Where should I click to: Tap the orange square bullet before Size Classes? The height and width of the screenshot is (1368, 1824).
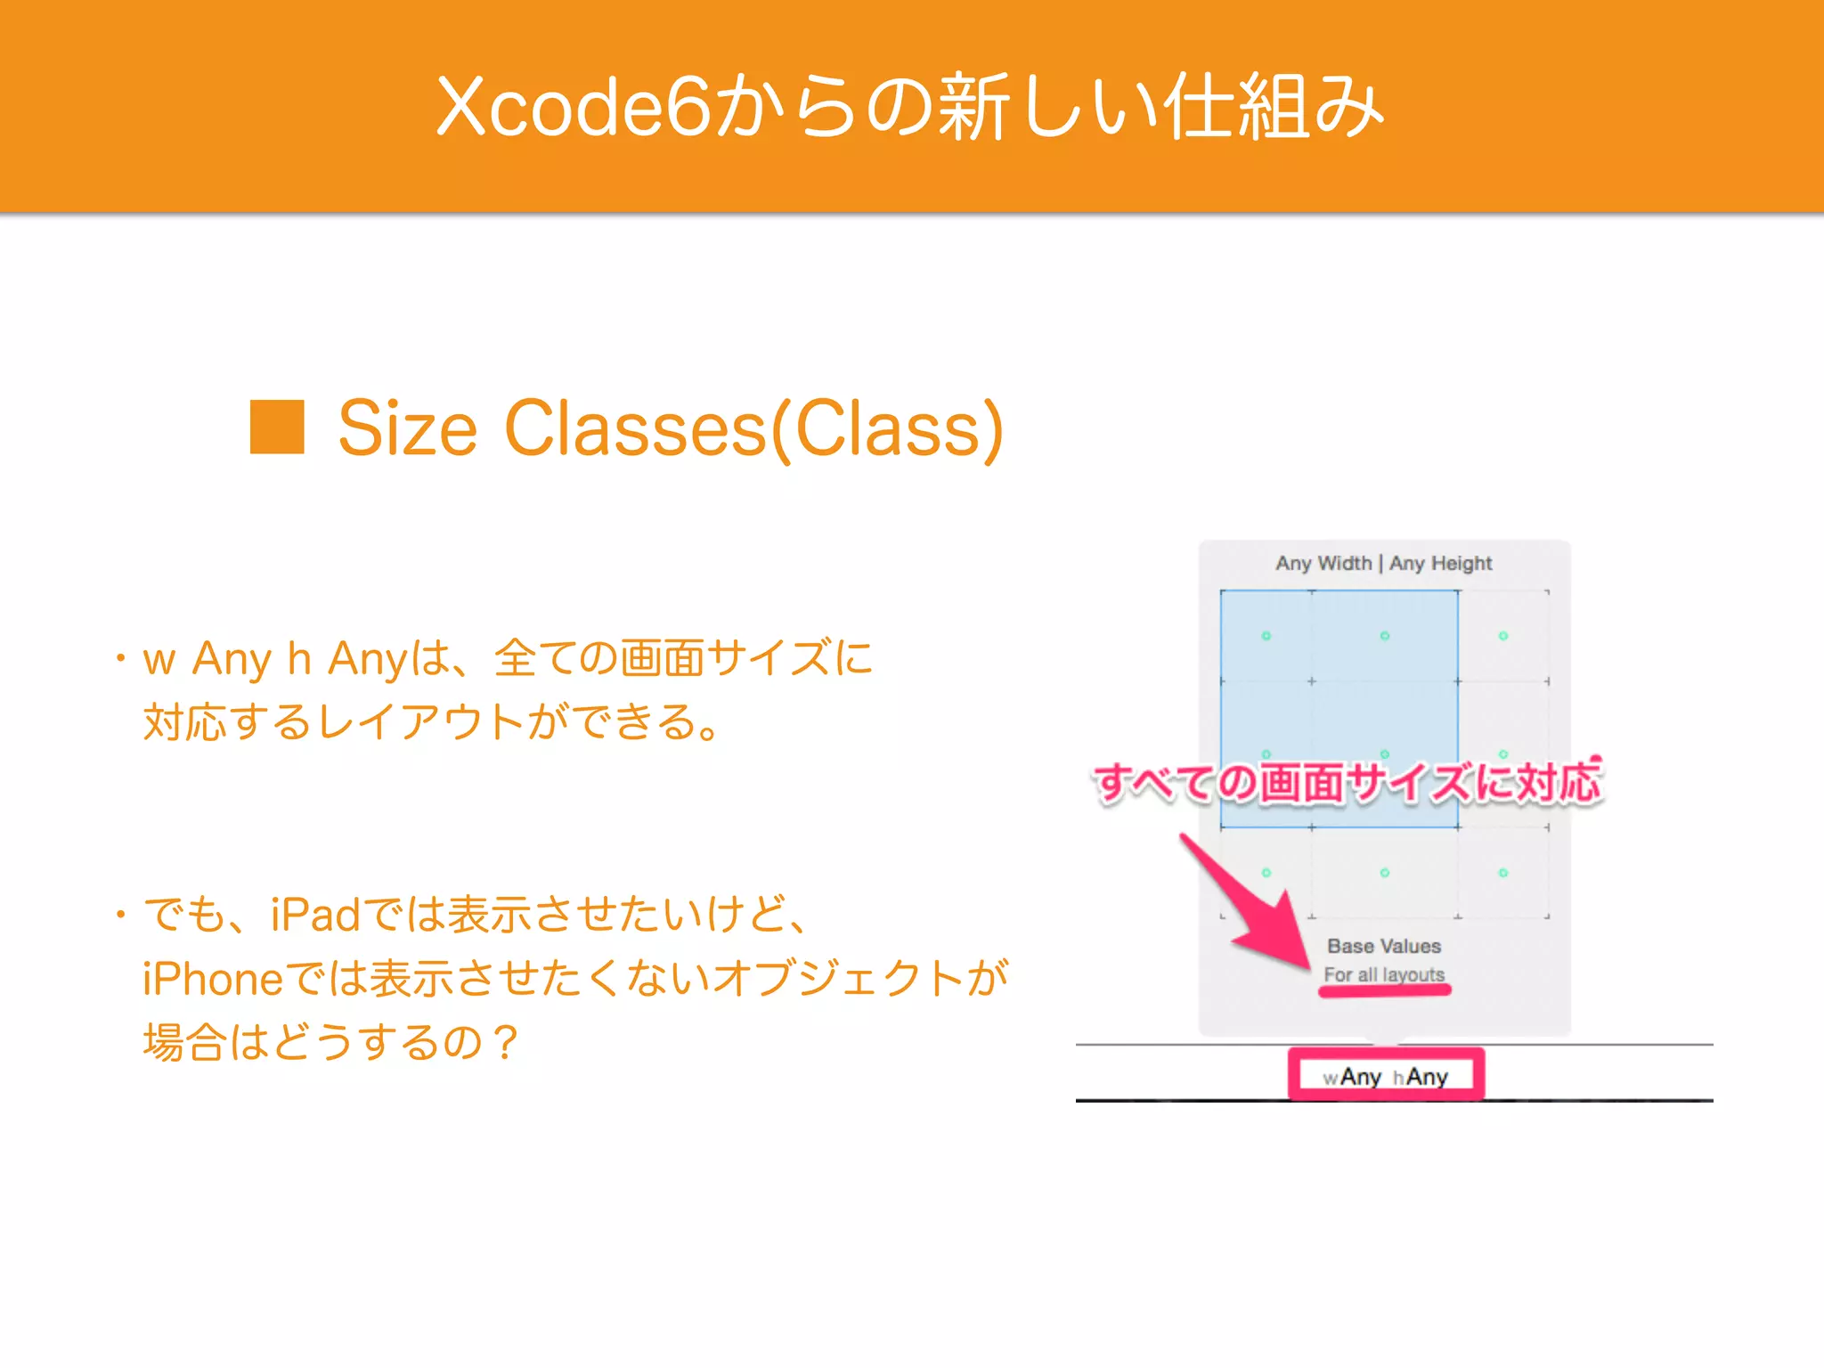[277, 427]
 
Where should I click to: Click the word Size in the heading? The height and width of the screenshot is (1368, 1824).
[408, 429]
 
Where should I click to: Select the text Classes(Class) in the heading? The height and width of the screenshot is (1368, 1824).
[753, 429]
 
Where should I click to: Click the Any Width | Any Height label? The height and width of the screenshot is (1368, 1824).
[1383, 563]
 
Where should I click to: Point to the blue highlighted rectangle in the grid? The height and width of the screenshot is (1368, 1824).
[1339, 695]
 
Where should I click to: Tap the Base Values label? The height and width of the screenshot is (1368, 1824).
[1383, 946]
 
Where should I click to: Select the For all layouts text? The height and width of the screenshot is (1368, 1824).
[1383, 974]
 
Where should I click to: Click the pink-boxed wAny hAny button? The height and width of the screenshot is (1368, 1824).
[1386, 1076]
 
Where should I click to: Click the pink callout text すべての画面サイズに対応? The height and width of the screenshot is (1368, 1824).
[1348, 784]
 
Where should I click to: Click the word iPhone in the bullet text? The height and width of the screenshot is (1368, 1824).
[213, 979]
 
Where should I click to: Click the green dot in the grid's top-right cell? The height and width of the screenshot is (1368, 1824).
[1502, 636]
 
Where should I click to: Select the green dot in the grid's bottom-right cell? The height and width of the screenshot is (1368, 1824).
[1502, 873]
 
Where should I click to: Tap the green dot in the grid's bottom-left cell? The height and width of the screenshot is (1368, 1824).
[1266, 873]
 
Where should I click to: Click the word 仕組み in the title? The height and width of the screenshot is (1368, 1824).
[1274, 107]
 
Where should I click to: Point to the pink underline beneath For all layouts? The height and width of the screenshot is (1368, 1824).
[1384, 990]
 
